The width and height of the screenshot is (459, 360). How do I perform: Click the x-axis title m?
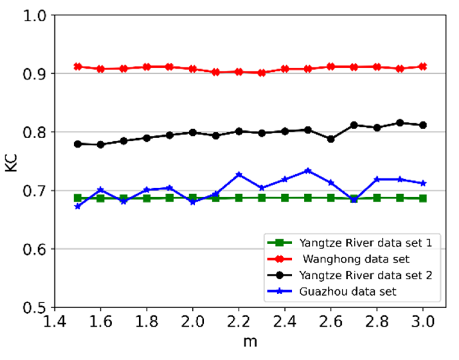click(250, 341)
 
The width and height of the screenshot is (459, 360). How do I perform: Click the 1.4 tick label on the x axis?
click(54, 322)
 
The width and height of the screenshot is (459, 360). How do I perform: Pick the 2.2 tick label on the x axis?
click(239, 322)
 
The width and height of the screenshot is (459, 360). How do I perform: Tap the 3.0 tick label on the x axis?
click(423, 322)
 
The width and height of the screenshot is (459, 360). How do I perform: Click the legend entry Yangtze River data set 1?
click(365, 243)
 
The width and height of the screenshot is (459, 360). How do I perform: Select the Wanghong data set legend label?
click(356, 259)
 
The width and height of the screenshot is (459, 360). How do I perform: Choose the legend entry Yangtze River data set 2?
click(365, 275)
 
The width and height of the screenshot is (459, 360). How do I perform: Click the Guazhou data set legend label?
click(348, 292)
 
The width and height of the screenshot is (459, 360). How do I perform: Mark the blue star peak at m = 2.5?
click(308, 171)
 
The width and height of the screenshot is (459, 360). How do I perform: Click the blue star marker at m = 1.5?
click(78, 206)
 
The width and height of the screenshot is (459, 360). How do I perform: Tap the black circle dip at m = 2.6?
click(331, 139)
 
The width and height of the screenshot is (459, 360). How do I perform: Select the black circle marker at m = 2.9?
click(400, 123)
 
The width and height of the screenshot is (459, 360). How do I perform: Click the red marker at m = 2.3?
click(262, 73)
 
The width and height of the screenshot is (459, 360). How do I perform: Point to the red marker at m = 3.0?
click(423, 67)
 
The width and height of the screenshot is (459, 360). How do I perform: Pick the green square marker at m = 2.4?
click(285, 198)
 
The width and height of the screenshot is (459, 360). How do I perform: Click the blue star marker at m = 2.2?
click(239, 175)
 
